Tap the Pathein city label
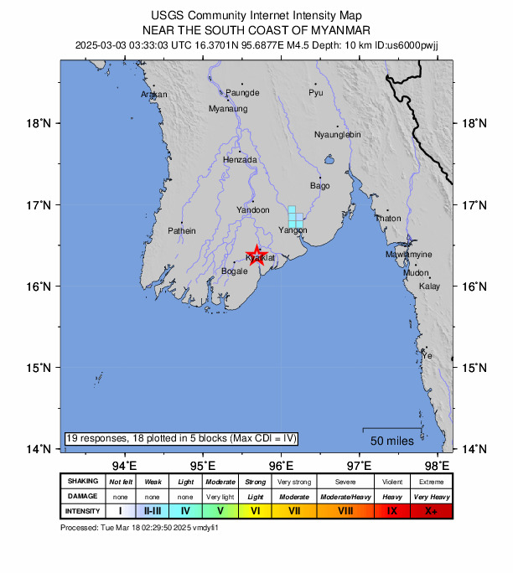(x=182, y=230)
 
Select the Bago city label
(x=319, y=185)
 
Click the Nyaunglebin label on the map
(x=337, y=134)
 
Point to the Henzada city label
(x=241, y=159)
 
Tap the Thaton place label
(x=387, y=218)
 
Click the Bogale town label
(x=234, y=271)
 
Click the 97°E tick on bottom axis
(x=360, y=465)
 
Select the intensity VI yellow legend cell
(x=256, y=510)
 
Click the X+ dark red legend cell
(x=431, y=510)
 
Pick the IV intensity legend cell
(x=185, y=510)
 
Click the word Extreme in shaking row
(x=431, y=482)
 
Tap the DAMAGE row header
(x=83, y=496)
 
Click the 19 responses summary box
(x=181, y=438)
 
